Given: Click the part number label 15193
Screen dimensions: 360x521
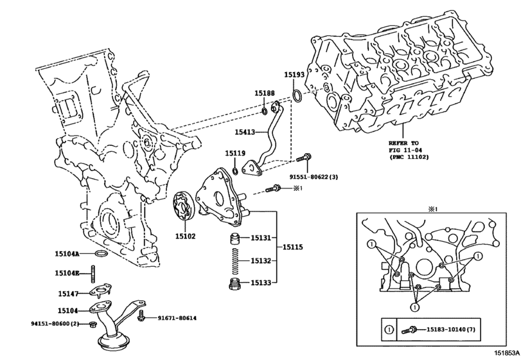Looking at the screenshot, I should [295, 75].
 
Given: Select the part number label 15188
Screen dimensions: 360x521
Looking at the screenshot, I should [264, 93].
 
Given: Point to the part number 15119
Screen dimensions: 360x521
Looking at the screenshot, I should [234, 153].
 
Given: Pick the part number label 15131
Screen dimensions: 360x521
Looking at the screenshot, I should [260, 238].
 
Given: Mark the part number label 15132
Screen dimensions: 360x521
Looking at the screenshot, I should [260, 260].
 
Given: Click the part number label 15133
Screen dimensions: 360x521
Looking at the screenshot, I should [260, 282].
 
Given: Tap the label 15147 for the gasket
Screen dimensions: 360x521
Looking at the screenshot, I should [68, 294].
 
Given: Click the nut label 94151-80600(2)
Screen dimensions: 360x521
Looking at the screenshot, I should [54, 323].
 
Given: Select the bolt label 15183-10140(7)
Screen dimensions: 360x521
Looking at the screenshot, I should [453, 329].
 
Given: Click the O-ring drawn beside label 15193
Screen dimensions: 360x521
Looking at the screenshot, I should [298, 97].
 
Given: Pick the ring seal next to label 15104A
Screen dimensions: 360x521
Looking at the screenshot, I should [101, 255].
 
